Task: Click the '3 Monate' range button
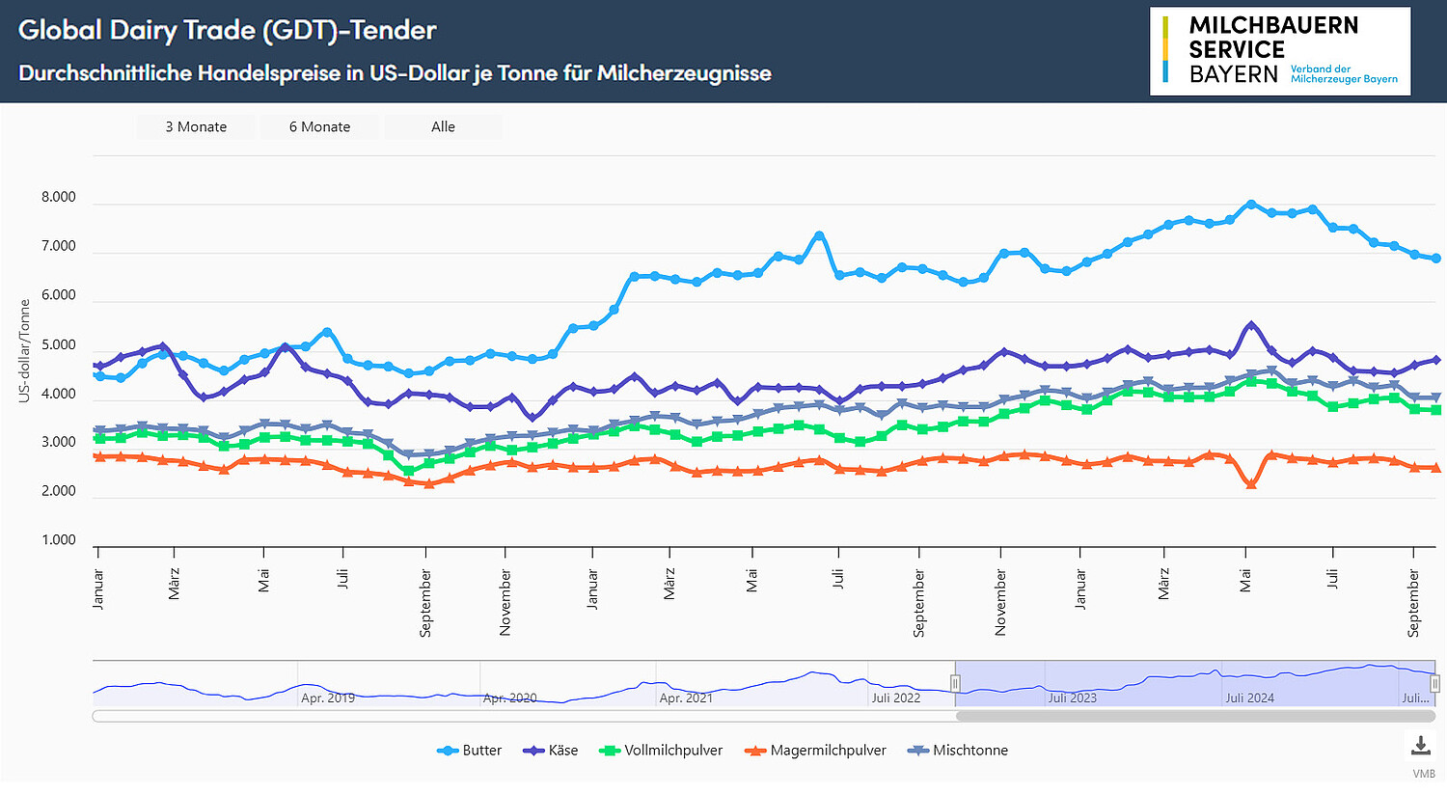pos(196,126)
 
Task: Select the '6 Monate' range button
pos(319,126)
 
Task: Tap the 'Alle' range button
pos(443,126)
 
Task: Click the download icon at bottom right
pos(1421,746)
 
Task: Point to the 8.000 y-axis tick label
pos(58,197)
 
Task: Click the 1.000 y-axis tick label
pos(58,540)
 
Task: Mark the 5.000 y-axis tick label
pos(58,345)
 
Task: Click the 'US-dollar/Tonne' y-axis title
pos(25,351)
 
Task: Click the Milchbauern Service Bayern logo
pos(1279,51)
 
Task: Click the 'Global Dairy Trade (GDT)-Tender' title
pos(228,30)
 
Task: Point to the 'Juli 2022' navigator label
pos(896,698)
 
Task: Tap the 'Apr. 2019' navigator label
pos(328,698)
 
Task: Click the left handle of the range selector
pos(955,683)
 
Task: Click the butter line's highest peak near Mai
pos(1251,204)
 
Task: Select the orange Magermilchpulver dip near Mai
pos(1251,484)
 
